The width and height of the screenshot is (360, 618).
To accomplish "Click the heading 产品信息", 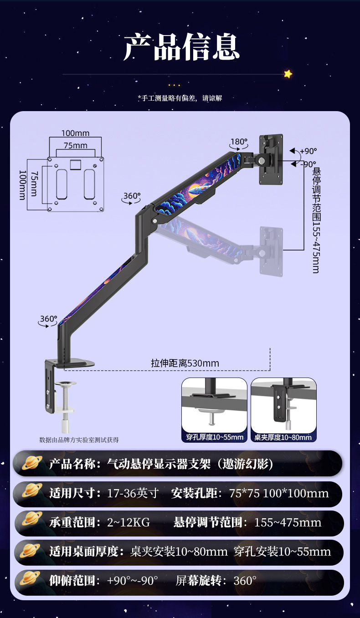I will coord(181,47).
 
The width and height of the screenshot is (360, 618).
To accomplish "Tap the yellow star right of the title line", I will coord(288,74).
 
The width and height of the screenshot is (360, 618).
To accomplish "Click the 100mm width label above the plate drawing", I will coord(76,133).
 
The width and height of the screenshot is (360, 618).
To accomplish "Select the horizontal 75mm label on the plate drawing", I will coord(75,145).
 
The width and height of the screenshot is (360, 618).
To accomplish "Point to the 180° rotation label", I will coord(238,142).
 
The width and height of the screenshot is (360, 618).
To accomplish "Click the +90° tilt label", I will coord(308,151).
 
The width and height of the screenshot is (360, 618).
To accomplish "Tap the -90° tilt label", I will coord(308,164).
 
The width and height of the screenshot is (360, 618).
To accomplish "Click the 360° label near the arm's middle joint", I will coord(132,196).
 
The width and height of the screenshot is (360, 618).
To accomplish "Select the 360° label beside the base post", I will coord(48,319).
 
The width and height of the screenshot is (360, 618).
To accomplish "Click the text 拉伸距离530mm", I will coord(185,363).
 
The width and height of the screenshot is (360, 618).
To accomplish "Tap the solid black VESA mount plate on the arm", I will coord(271,159).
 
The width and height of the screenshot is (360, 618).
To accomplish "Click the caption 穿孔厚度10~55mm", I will coord(214,437).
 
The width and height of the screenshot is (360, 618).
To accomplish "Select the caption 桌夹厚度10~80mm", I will coord(283,437).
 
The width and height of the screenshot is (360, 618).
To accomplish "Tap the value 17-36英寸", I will coord(133,493).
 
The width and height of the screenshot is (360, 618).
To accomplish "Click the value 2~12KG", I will coord(129,522).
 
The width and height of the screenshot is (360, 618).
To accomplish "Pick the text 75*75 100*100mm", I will coord(279,493).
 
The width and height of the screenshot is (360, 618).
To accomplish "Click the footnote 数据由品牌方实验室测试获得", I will coord(79,439).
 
